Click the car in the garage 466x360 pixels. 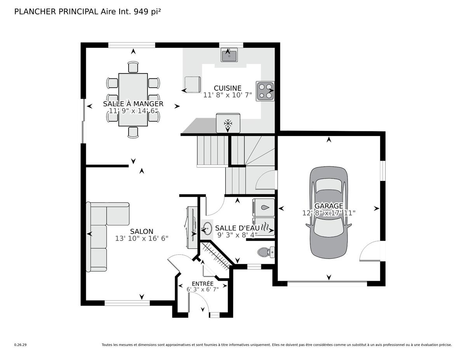click(x=329, y=213)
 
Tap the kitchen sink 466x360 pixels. click(x=229, y=55)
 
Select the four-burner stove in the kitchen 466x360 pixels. click(x=265, y=91)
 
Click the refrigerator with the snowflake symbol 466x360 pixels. click(x=228, y=123)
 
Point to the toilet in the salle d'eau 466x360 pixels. click(x=266, y=252)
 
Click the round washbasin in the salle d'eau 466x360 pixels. click(x=207, y=229)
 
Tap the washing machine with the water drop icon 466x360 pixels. click(x=264, y=207)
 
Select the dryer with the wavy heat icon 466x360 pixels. click(x=264, y=226)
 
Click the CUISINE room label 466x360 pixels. click(x=228, y=88)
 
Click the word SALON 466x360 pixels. click(x=142, y=231)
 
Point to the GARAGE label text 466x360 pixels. click(x=329, y=206)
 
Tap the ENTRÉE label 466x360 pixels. click(x=203, y=283)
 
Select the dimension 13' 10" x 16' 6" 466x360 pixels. click(x=142, y=238)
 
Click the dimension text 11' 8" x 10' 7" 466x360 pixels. click(x=228, y=95)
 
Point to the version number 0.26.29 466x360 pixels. click(x=20, y=345)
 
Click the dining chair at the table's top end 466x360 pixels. click(x=133, y=67)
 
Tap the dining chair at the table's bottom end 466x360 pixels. click(x=133, y=132)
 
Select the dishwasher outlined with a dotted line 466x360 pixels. click(x=193, y=85)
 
